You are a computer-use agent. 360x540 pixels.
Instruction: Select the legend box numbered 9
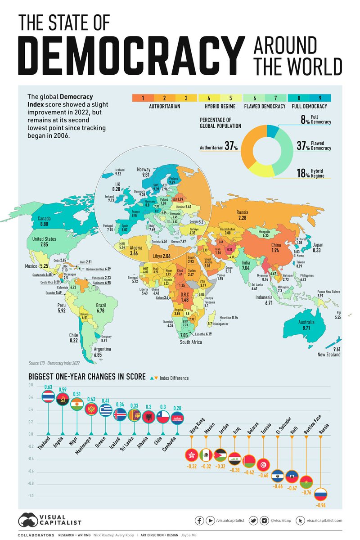coord(321,98)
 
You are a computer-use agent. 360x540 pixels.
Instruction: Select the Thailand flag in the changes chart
coord(48,396)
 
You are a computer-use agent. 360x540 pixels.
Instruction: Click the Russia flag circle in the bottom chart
coord(320,494)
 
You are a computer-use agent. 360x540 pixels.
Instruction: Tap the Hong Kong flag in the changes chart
coord(192,455)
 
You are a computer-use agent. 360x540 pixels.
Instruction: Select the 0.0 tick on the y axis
coord(30,435)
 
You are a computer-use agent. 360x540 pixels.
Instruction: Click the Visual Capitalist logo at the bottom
coord(50,520)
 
